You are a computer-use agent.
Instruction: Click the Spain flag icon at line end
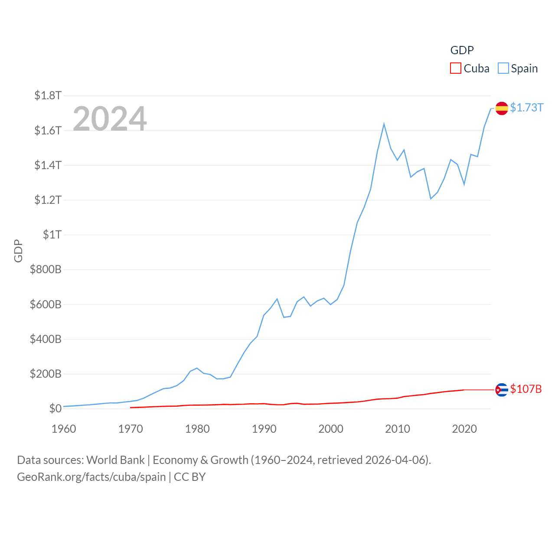502,108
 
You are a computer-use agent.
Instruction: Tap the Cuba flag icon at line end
502,390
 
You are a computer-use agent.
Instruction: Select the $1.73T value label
526,108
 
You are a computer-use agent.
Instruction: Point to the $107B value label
526,389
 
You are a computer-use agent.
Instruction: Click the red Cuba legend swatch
455,69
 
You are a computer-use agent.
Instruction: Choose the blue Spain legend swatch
503,69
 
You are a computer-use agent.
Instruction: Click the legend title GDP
462,50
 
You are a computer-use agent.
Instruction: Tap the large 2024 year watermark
110,118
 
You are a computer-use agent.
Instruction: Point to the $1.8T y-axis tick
48,95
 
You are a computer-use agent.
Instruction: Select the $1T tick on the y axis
52,235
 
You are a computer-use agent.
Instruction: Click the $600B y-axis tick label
46,304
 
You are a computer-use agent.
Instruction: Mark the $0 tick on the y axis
55,408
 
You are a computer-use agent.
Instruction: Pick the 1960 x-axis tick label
64,429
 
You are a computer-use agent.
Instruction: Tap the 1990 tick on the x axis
264,429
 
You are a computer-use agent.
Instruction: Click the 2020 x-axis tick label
464,429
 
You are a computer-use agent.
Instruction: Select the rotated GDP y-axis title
18,251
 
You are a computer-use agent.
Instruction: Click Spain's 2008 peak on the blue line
384,124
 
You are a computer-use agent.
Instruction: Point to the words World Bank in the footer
115,460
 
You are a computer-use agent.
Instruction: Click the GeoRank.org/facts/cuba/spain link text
91,477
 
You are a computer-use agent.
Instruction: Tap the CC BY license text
189,477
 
